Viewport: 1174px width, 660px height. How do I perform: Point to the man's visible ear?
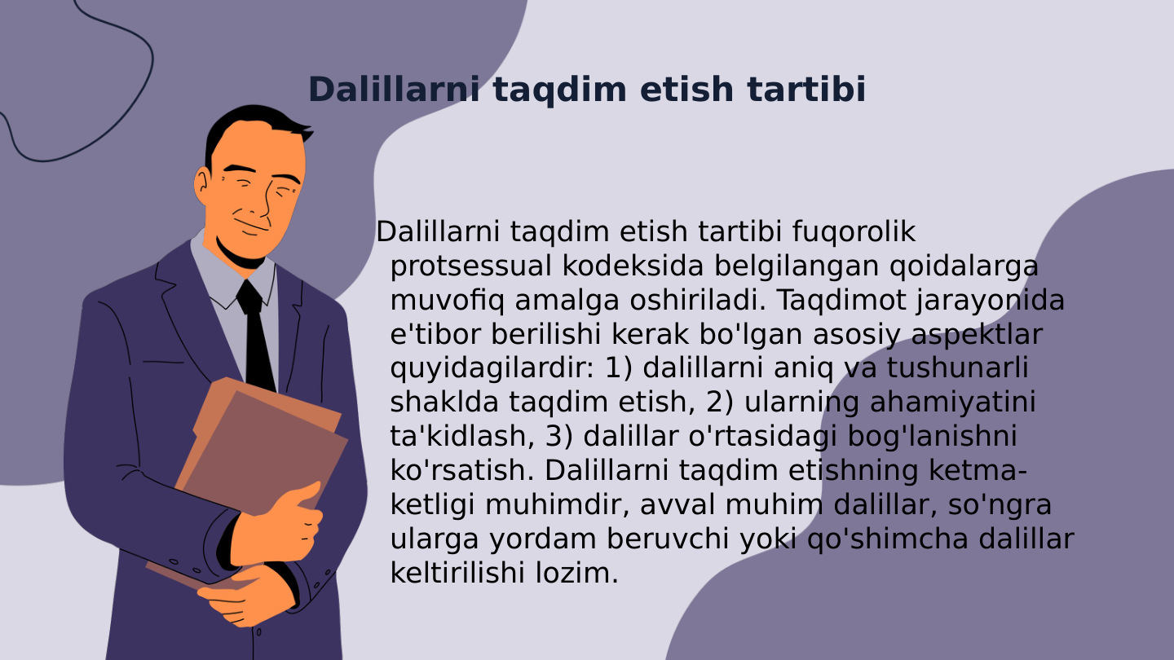click(201, 187)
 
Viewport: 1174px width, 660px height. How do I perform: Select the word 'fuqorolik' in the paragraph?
click(854, 232)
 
